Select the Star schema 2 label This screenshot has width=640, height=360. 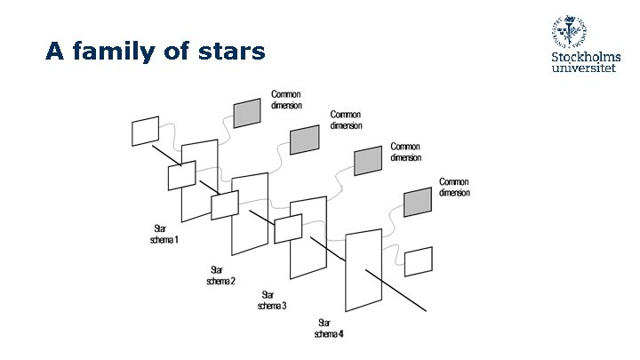tap(221, 276)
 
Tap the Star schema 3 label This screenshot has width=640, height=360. tap(272, 300)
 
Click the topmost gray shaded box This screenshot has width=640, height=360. tap(247, 113)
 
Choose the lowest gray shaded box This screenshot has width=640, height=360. tap(418, 203)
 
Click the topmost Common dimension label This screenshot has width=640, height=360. tap(286, 100)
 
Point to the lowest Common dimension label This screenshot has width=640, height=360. tap(454, 187)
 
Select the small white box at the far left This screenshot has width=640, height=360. tap(146, 131)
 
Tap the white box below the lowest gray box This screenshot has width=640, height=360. tap(418, 261)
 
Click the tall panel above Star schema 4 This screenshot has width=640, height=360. tap(364, 271)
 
